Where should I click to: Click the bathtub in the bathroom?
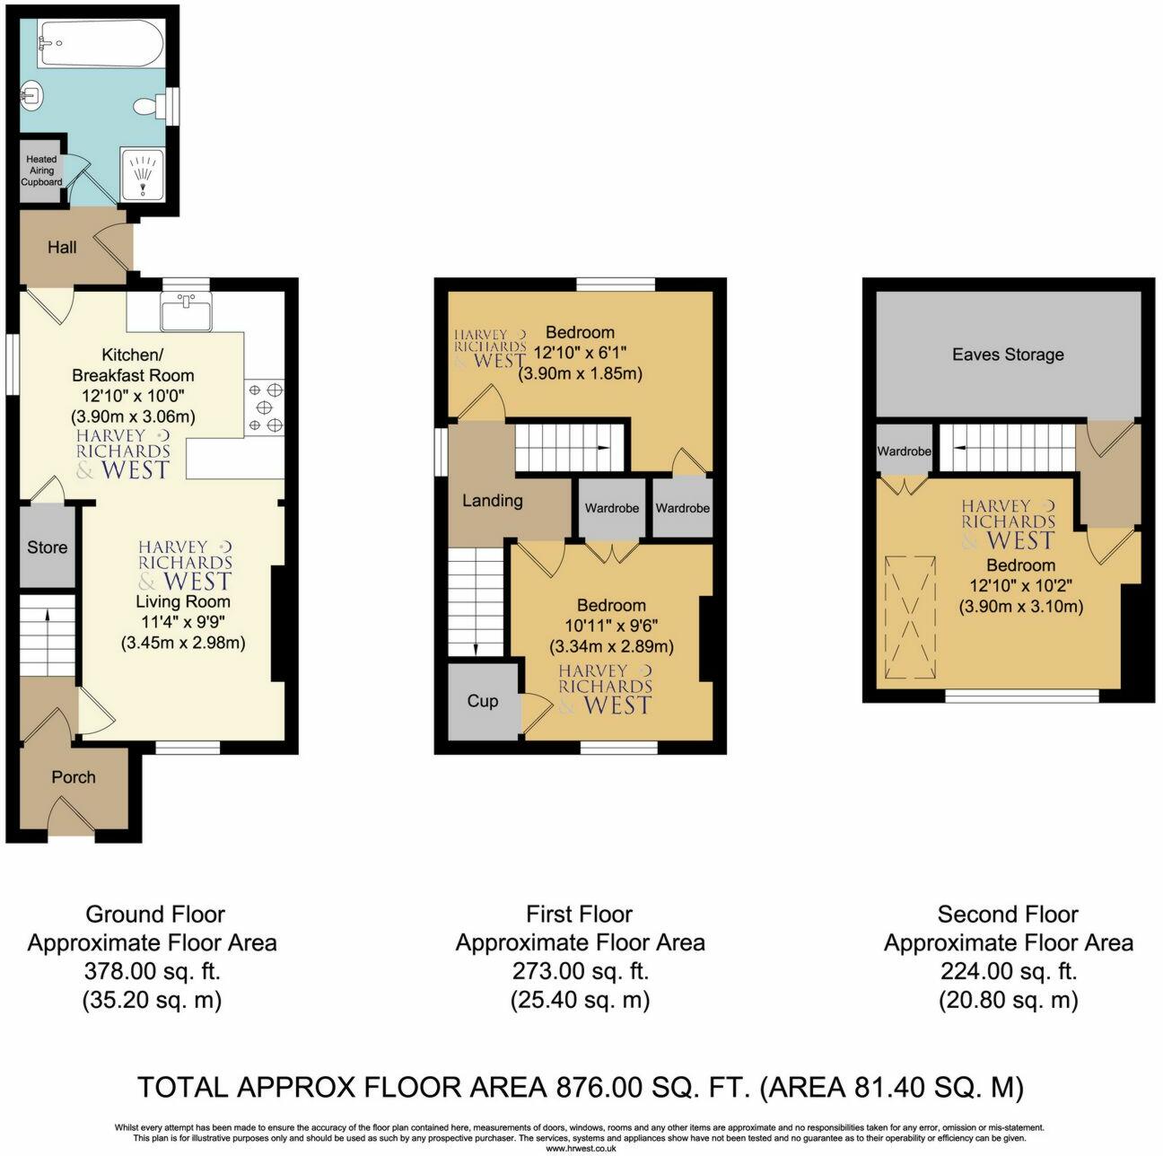(100, 44)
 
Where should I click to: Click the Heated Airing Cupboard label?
(41, 171)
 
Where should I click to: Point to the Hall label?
(62, 247)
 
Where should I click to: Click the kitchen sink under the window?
(187, 312)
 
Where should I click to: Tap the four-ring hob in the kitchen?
(266, 407)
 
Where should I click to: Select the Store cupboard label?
(47, 547)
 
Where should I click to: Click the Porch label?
(73, 776)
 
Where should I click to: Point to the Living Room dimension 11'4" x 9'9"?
(184, 622)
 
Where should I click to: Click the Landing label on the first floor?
(493, 500)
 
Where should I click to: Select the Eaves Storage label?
(1007, 354)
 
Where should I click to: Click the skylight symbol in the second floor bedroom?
(910, 618)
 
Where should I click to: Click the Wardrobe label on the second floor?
(904, 451)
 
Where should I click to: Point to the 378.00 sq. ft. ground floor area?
(153, 971)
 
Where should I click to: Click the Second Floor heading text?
(1007, 914)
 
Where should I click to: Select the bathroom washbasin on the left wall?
(31, 94)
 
